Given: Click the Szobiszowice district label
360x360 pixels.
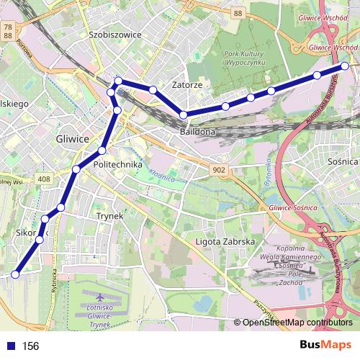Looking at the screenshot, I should [x=115, y=34].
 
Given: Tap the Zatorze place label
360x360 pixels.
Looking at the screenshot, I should [x=186, y=85].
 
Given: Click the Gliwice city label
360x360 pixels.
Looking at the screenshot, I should [x=72, y=138].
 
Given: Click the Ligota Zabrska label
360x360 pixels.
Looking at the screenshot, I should [x=225, y=242].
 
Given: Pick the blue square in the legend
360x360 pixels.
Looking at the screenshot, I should [x=11, y=346].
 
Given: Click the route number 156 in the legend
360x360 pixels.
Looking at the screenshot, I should [x=30, y=346].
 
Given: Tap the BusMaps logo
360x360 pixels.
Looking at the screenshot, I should [x=325, y=346].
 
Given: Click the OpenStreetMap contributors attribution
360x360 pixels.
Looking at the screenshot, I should [x=297, y=323].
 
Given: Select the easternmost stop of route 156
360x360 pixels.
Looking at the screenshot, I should [x=345, y=66].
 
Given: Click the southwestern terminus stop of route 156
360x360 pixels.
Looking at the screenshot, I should [x=15, y=274].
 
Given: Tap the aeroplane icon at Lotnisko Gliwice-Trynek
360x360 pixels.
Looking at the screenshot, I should [x=99, y=297].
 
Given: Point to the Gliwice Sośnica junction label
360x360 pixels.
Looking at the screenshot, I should [x=292, y=207].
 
